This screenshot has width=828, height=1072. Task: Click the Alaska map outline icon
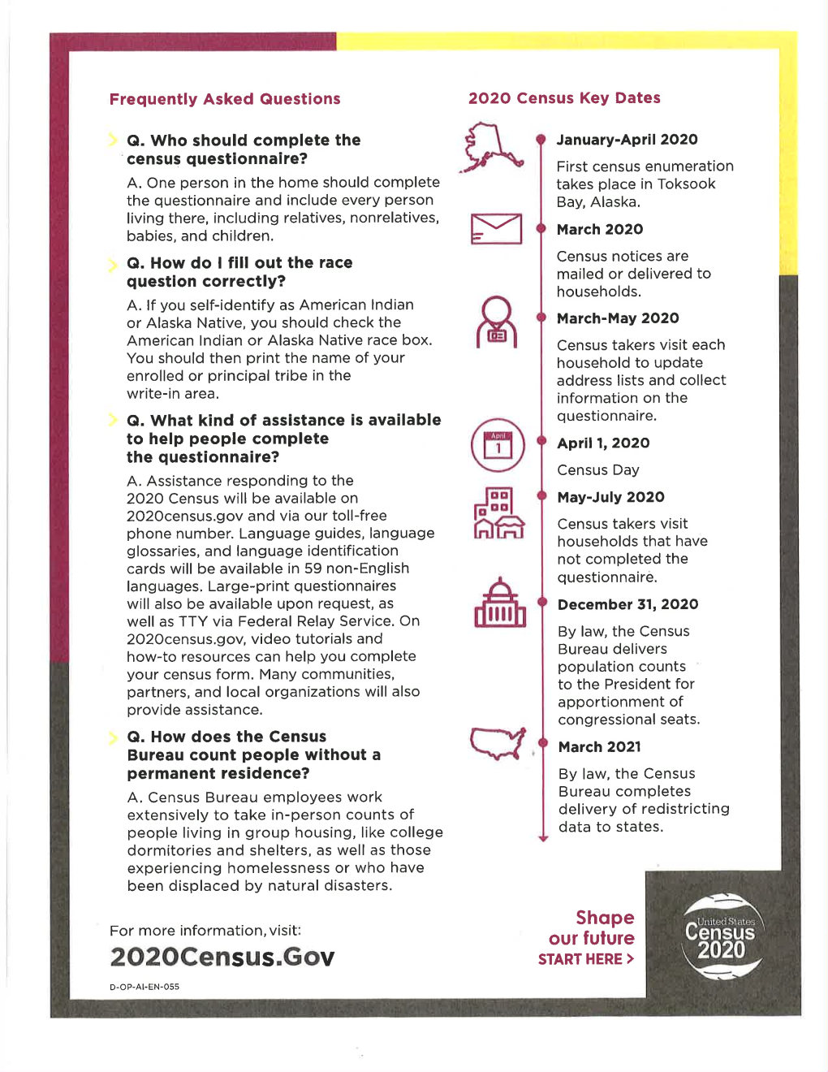[492, 146]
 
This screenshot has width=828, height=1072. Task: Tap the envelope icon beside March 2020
[496, 229]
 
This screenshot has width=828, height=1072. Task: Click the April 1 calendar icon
[498, 445]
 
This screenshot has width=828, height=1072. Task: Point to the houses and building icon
[498, 513]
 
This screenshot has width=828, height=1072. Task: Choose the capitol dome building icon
[500, 603]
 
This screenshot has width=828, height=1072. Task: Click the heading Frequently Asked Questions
[225, 99]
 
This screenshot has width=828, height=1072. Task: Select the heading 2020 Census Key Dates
[564, 98]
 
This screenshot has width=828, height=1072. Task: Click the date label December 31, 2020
[627, 604]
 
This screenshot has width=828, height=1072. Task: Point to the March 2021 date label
[599, 747]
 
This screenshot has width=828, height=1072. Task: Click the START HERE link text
[585, 959]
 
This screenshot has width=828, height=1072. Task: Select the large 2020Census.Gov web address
[222, 957]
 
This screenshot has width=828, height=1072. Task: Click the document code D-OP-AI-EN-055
[144, 987]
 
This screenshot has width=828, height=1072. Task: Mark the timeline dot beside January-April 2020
[541, 140]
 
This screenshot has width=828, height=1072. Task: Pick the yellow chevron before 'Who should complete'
[113, 140]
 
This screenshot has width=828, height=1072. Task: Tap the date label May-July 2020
[610, 497]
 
